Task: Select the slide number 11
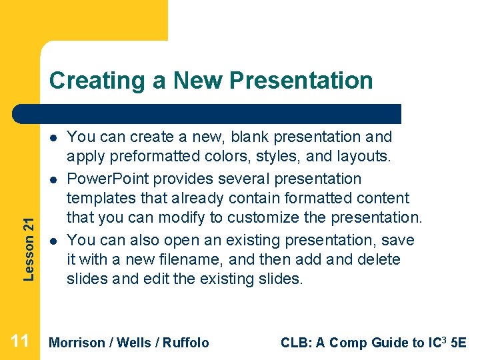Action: pos(20,341)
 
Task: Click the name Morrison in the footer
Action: pos(77,343)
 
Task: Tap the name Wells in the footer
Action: pos(133,343)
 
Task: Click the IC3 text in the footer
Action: pos(435,342)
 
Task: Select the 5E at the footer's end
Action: pos(459,343)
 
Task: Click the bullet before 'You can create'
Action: pos(52,138)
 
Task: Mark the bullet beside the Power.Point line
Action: pos(52,180)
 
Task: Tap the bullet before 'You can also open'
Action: pos(52,240)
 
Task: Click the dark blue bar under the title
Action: pos(220,114)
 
